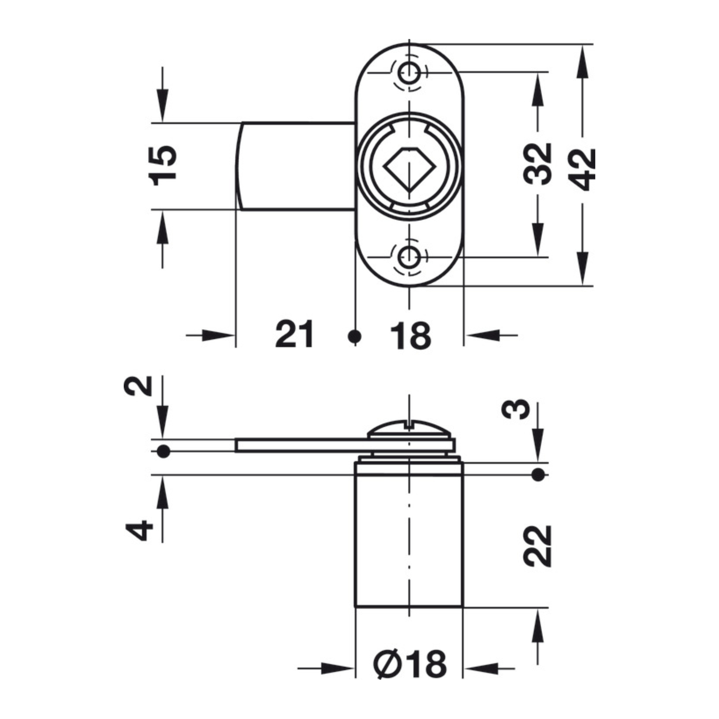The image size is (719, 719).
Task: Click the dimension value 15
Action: pos(162,166)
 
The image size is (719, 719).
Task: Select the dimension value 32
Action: pos(537,164)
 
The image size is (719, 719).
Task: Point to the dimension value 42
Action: pos(582,170)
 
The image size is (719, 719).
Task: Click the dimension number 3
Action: pos(515,409)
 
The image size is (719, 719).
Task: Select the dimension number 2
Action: pos(138,386)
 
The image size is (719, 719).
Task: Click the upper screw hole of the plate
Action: pos(409,72)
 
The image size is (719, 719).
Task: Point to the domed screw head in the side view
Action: pos(409,429)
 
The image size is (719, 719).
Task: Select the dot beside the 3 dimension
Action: pos(538,475)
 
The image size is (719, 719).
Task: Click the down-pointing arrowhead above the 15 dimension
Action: pos(162,106)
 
